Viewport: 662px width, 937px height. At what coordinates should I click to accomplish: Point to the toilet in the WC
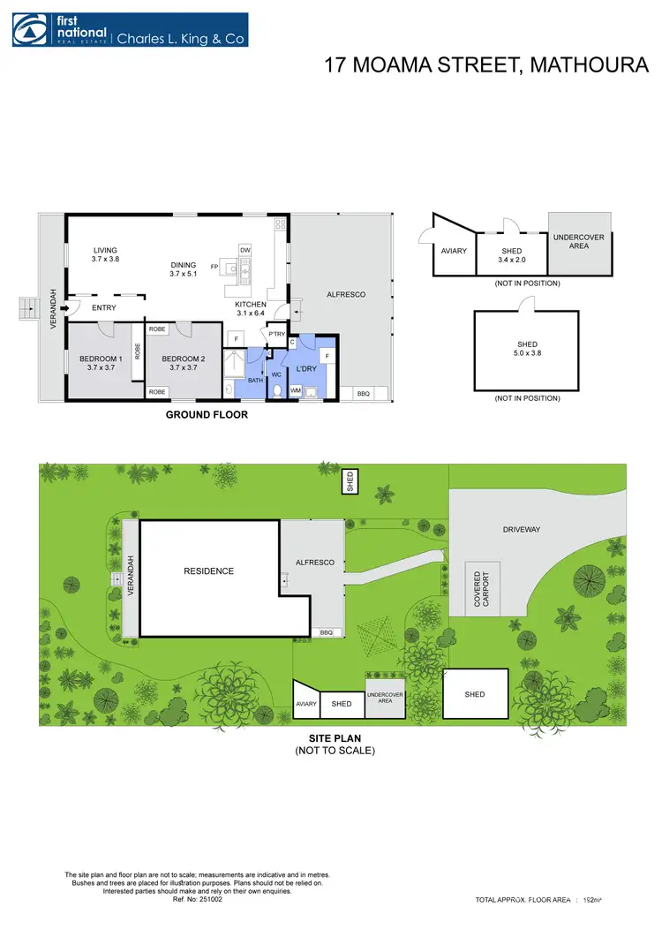tap(277, 389)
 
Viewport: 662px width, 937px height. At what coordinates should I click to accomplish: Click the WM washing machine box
tap(296, 389)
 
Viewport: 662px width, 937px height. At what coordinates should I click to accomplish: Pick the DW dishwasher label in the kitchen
tap(244, 250)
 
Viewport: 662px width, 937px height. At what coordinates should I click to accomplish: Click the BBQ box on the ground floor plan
tap(363, 392)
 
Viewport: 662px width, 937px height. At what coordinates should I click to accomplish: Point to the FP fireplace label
tap(214, 266)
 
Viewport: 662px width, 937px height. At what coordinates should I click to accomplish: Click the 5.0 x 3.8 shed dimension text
tap(527, 354)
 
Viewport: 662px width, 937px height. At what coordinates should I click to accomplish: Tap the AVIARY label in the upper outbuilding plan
tap(454, 251)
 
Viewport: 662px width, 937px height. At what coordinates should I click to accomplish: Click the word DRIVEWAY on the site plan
tap(522, 530)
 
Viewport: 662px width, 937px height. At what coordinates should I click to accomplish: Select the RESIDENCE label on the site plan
tap(209, 571)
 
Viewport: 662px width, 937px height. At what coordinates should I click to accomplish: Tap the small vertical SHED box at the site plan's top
tap(350, 481)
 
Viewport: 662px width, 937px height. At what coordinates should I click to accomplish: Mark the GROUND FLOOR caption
tap(207, 414)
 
